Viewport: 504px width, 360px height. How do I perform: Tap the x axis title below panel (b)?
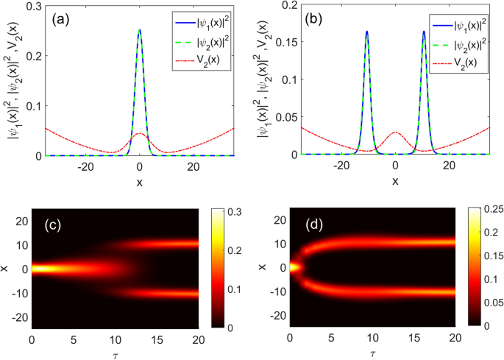click(x=395, y=181)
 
